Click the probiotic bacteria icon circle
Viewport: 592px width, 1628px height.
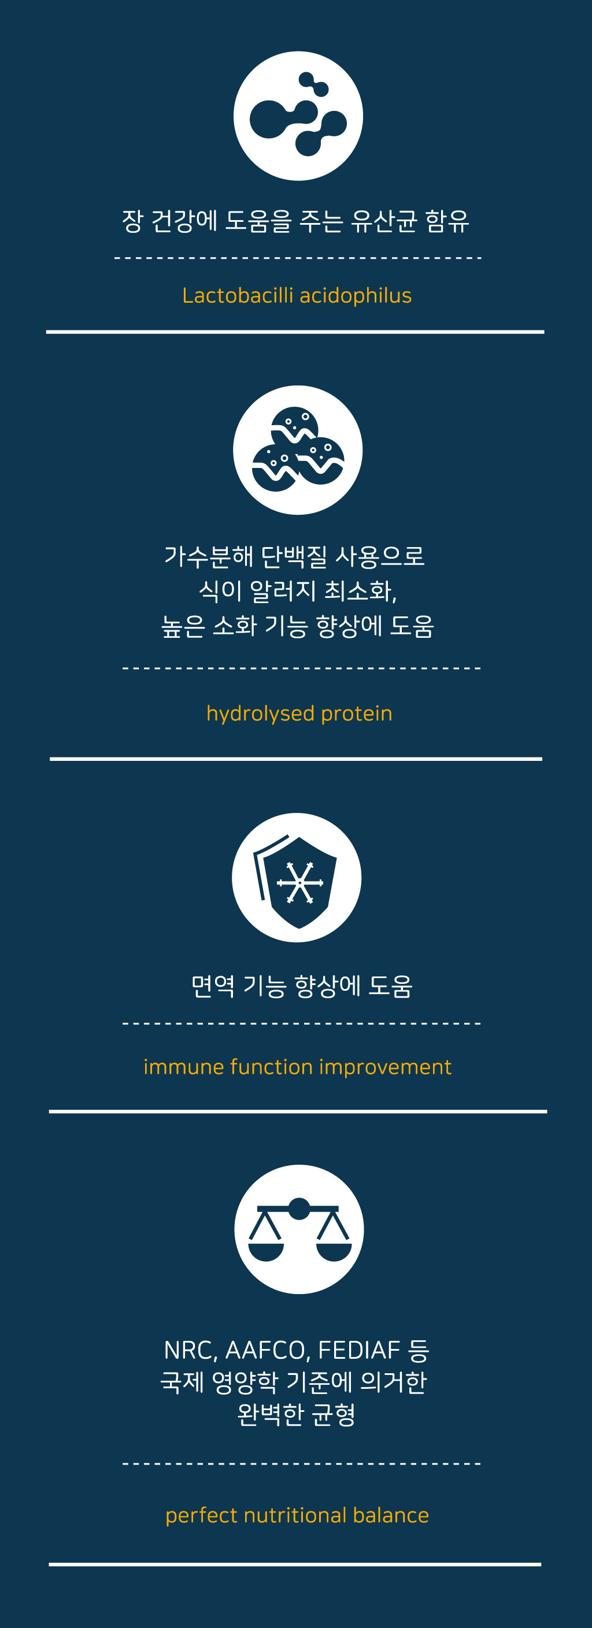click(298, 116)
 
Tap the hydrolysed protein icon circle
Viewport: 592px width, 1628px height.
click(298, 450)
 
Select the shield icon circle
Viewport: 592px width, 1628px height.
click(297, 877)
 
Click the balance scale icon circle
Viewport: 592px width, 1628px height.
click(299, 1229)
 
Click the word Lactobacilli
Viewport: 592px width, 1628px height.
click(238, 295)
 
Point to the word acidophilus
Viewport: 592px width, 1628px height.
click(356, 296)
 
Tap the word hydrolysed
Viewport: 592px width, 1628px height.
click(261, 713)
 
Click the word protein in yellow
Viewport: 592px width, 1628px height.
click(357, 714)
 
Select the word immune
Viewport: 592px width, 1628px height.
click(184, 1067)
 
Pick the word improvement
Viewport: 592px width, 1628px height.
click(385, 1068)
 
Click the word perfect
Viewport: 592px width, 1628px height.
click(202, 1515)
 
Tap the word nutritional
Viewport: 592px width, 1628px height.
click(295, 1515)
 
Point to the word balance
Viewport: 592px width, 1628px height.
click(391, 1515)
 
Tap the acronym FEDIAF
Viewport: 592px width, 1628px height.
click(359, 1350)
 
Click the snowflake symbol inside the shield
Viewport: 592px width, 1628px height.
click(300, 882)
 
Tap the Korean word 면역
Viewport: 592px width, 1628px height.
click(213, 986)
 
